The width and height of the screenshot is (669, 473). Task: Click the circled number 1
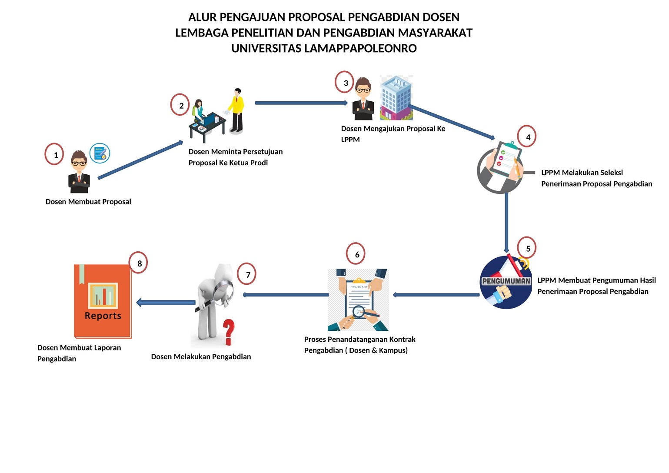click(x=55, y=154)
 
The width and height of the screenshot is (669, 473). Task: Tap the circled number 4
click(x=527, y=137)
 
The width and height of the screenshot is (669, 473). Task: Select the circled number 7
click(x=247, y=274)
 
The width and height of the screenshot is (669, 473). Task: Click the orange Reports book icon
click(x=103, y=301)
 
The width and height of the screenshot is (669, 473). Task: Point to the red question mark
click(x=229, y=331)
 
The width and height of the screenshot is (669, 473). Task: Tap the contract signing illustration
click(x=358, y=300)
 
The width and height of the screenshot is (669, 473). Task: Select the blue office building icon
click(x=396, y=98)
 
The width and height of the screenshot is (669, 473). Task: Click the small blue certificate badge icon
click(x=100, y=153)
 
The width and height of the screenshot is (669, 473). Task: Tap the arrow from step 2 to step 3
click(x=301, y=103)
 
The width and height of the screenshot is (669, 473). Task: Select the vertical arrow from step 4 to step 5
click(x=506, y=222)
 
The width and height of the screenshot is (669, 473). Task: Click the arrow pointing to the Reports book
click(x=166, y=302)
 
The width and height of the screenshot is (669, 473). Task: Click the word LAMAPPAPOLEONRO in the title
click(x=360, y=48)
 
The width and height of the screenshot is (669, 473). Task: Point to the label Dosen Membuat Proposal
click(x=88, y=202)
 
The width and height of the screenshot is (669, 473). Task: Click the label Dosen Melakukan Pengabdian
click(x=201, y=356)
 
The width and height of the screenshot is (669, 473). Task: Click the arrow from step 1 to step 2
click(x=140, y=160)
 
